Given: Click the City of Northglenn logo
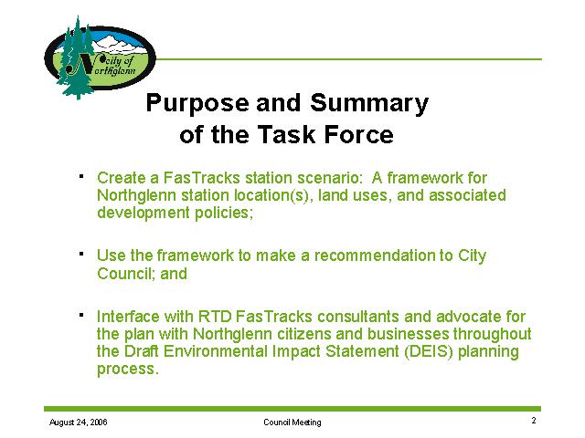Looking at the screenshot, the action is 100,57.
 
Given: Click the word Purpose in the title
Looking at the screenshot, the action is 197,103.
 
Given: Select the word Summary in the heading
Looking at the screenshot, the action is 369,103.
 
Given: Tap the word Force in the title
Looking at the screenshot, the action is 358,134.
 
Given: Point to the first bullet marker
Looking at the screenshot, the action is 81,176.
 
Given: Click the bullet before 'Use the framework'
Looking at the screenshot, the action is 81,254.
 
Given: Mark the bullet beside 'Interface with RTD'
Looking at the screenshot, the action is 81,315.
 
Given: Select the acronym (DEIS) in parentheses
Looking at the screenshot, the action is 429,351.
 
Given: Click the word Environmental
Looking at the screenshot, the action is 216,351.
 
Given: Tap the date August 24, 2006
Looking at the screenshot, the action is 79,422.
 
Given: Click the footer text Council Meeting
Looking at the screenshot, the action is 292,422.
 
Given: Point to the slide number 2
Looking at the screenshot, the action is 534,421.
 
